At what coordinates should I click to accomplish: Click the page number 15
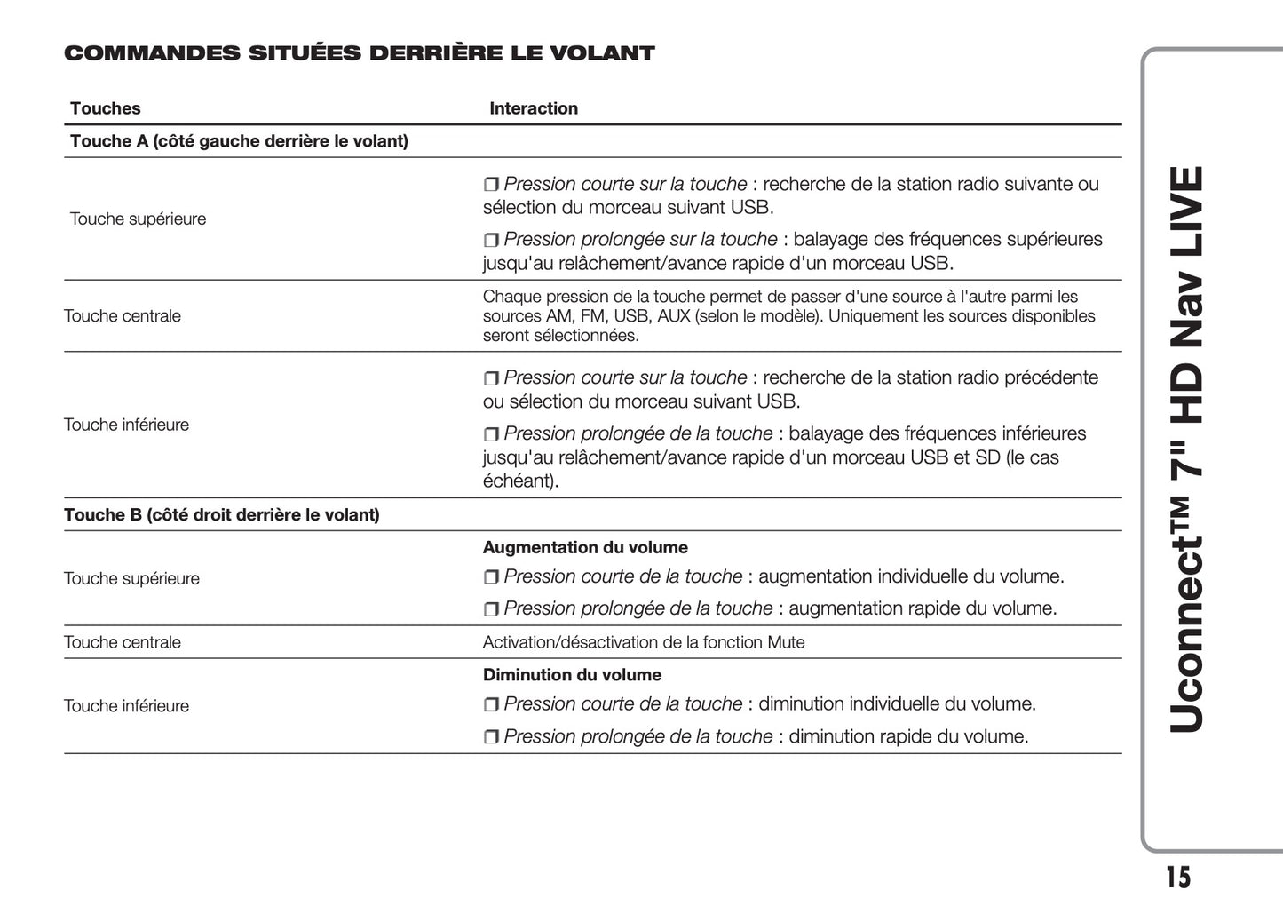1177,877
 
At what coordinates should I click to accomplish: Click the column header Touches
105,108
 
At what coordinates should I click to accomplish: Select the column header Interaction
533,108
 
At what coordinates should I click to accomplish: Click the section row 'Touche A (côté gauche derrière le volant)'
239,141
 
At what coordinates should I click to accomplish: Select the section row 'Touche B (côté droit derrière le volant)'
221,515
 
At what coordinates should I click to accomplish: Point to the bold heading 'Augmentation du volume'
585,548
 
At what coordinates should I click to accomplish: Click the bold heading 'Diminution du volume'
572,675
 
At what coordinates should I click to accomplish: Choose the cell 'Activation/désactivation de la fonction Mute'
643,642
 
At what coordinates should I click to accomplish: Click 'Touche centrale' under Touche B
122,642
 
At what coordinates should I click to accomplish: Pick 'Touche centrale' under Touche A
122,316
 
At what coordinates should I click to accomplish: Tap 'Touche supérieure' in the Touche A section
138,219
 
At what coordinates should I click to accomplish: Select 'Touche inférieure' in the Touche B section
126,706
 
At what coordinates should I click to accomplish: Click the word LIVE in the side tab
1186,212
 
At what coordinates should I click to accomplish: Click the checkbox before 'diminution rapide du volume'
491,737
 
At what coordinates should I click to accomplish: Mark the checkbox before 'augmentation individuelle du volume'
491,577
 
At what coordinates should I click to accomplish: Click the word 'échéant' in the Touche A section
519,481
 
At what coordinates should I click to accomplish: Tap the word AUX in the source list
674,316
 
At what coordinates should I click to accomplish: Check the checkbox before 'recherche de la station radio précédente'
491,378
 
